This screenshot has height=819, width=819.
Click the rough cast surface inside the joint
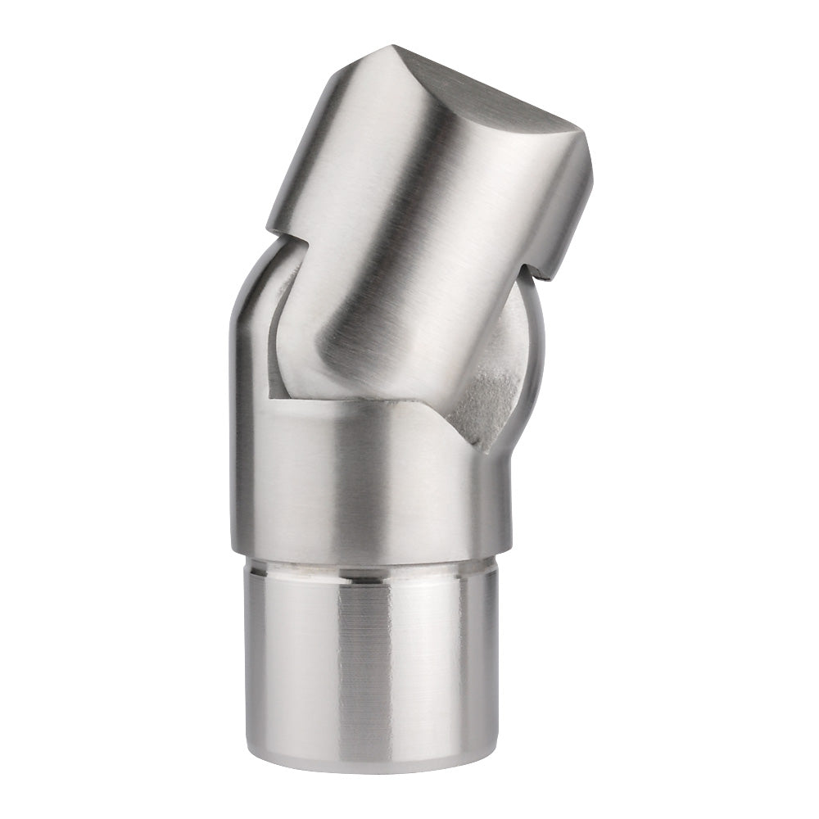click(x=487, y=401)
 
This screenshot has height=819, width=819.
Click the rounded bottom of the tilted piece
click(x=360, y=377)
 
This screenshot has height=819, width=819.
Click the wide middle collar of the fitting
click(x=369, y=483)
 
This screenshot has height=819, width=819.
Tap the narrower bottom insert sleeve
click(x=369, y=655)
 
